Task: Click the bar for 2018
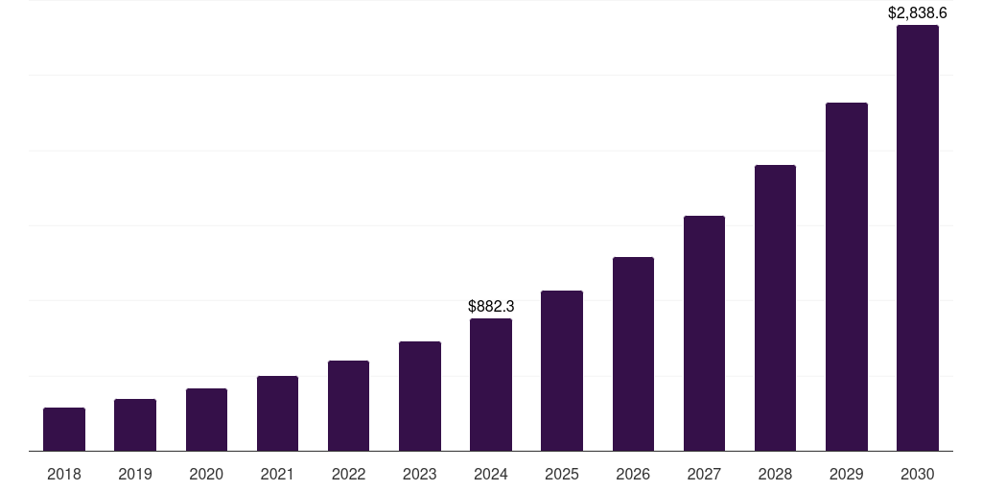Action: click(64, 429)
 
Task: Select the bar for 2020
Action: click(206, 419)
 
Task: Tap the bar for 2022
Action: click(348, 406)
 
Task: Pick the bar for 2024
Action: click(491, 385)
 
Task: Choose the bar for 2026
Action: click(633, 354)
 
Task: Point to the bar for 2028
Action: click(775, 308)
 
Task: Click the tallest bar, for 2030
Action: click(917, 238)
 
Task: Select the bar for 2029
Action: click(846, 276)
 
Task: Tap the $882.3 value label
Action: click(491, 306)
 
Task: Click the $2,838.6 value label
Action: click(917, 12)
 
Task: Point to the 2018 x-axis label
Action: click(64, 474)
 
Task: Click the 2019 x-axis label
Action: click(135, 474)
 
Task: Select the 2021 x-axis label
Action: click(277, 474)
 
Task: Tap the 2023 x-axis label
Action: click(420, 474)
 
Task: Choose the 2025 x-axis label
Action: click(562, 474)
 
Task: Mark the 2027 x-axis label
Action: click(704, 474)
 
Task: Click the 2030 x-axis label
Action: click(917, 474)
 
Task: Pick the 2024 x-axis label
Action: click(491, 474)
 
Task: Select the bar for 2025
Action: click(562, 370)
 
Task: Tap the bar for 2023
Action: click(420, 396)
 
